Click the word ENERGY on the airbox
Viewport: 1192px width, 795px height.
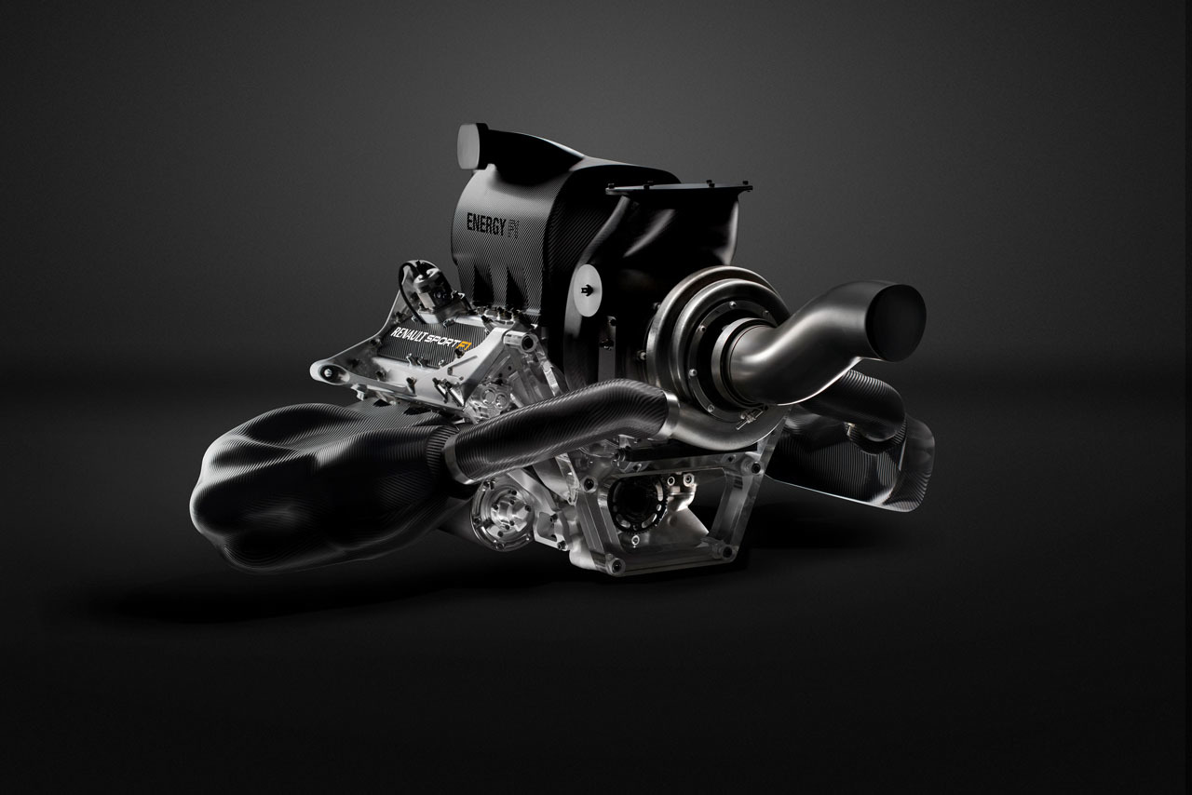(485, 224)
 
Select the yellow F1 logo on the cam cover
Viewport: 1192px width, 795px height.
(464, 347)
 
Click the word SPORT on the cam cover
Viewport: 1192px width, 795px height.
(442, 343)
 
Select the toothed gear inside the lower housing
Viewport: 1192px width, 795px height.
(636, 500)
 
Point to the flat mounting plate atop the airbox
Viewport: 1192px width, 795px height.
(680, 187)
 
